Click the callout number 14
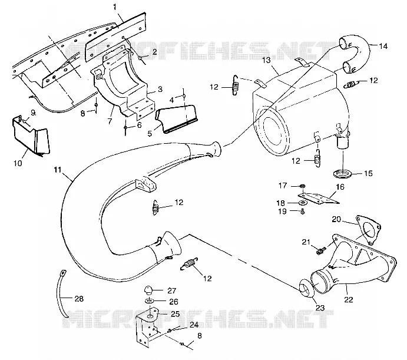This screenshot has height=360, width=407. click(383, 46)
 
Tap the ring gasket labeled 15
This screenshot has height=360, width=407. click(342, 173)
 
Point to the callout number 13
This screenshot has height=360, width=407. click(266, 60)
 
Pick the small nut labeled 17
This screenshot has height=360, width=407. click(302, 186)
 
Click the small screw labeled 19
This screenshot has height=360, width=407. click(302, 212)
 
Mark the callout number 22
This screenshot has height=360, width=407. click(349, 299)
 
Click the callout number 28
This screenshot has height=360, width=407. click(79, 299)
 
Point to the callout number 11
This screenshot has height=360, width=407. click(58, 170)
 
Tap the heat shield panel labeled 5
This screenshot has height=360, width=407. click(177, 119)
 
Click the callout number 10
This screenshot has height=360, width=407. click(18, 163)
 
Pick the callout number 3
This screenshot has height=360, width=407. click(160, 89)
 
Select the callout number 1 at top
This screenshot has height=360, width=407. click(115, 7)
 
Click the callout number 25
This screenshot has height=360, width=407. click(175, 314)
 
